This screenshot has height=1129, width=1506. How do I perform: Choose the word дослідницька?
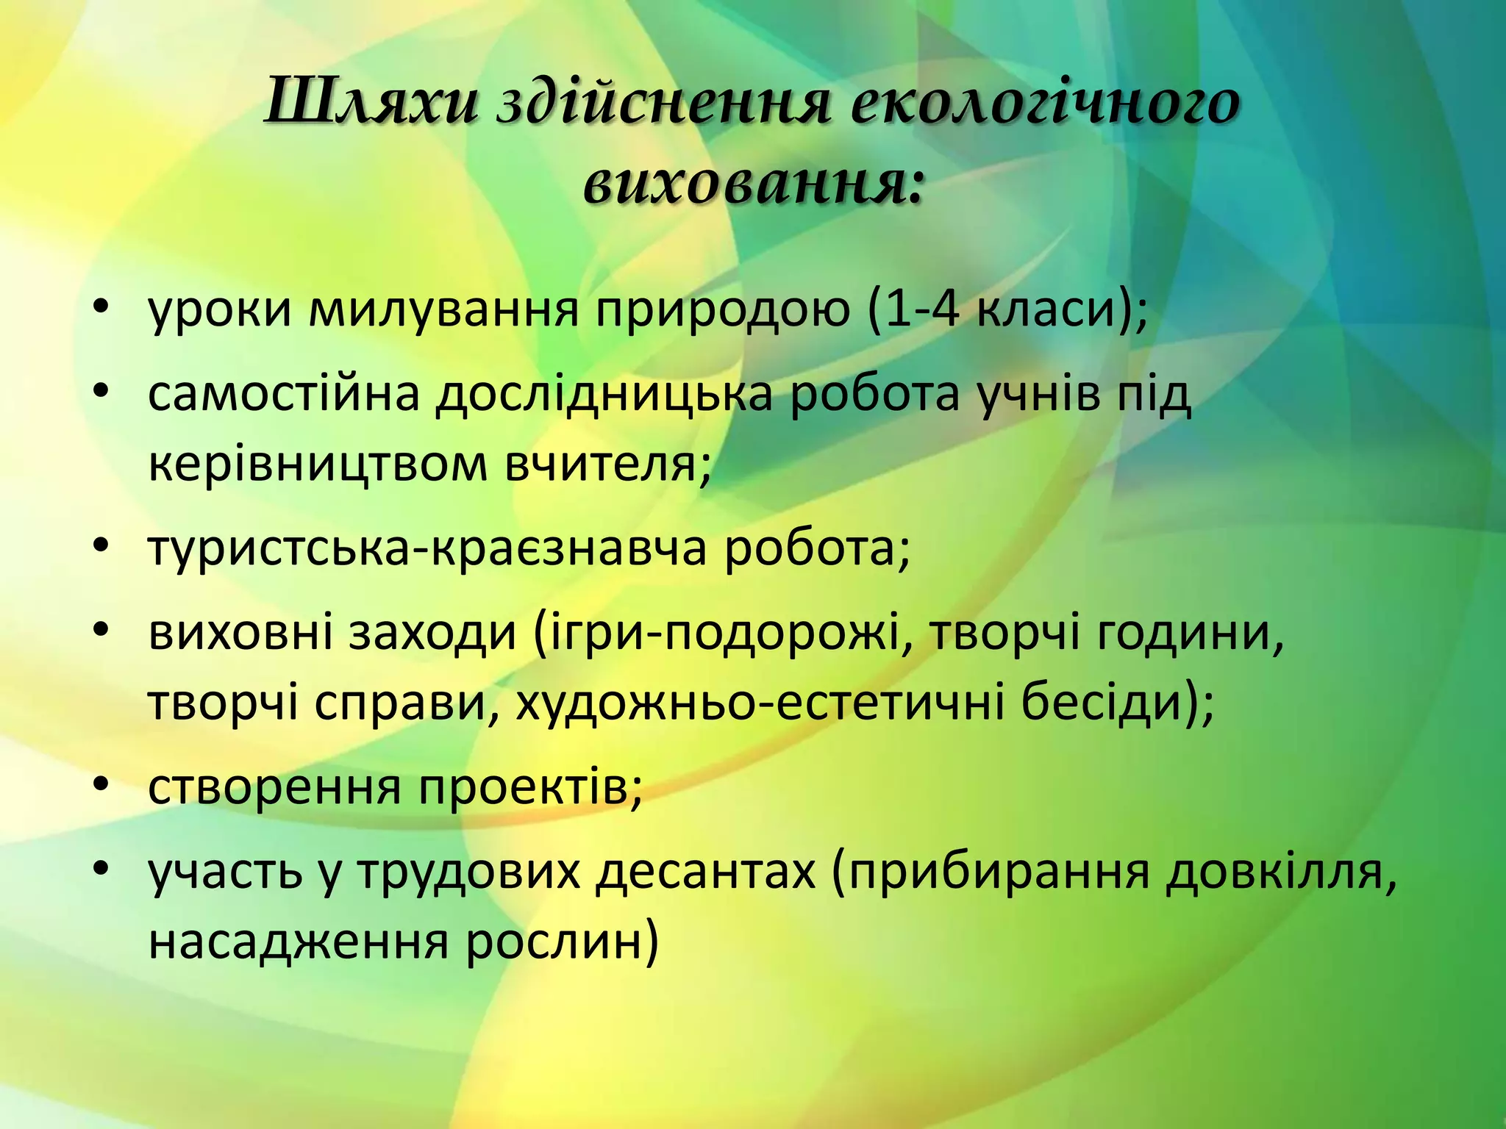(604, 395)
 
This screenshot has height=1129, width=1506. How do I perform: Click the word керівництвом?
(318, 464)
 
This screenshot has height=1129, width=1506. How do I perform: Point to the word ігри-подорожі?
(718, 634)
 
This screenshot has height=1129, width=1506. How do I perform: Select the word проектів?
(531, 787)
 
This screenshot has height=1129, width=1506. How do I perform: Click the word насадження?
(298, 942)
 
